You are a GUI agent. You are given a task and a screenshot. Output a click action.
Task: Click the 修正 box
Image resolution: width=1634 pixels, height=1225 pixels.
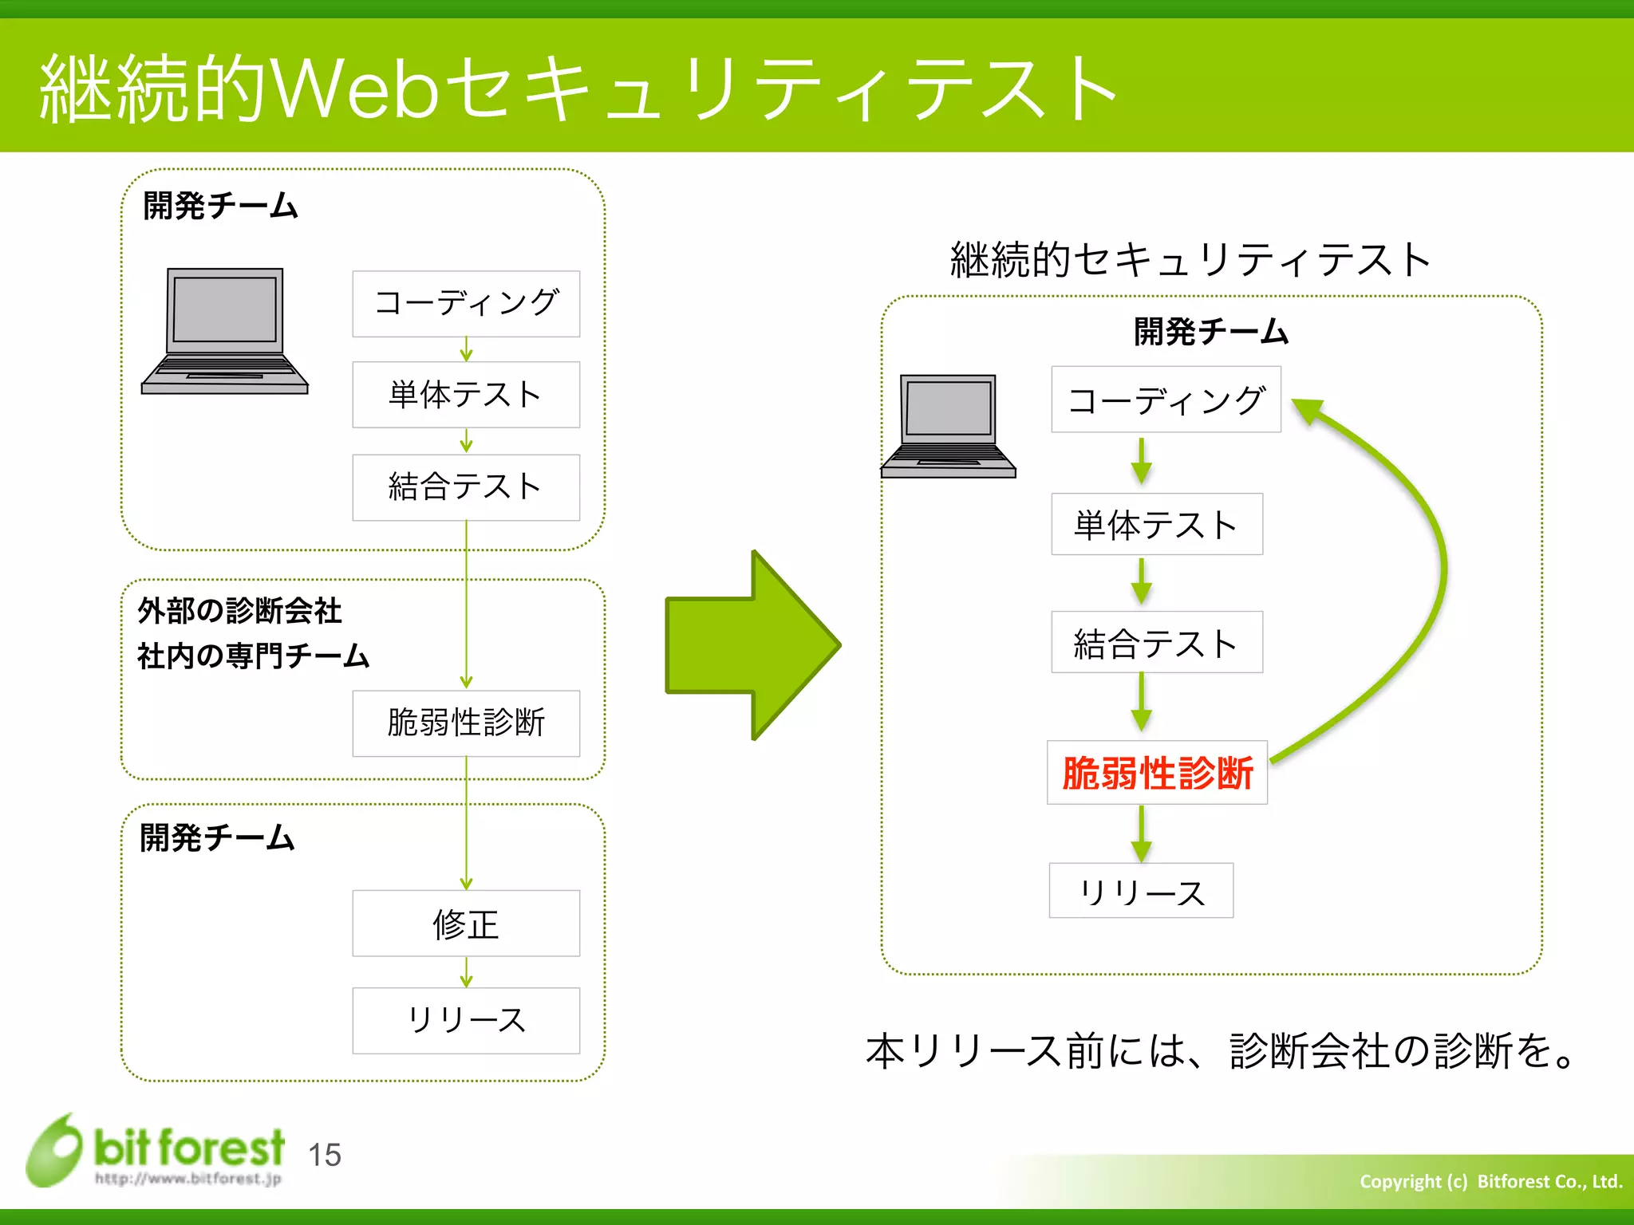coord(466,924)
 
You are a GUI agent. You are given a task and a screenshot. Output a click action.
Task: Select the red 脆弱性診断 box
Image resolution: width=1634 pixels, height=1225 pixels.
coord(1157,773)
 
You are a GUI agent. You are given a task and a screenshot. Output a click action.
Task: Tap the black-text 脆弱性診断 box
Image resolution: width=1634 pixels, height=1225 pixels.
coord(466,723)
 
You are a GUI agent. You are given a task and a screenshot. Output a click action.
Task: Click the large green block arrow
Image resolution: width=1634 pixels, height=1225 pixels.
coord(752,644)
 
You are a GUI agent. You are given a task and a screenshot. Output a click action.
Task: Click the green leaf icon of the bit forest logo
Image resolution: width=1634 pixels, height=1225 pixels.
coord(54,1150)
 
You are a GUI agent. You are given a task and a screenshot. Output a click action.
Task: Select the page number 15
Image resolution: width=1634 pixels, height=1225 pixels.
coord(325,1155)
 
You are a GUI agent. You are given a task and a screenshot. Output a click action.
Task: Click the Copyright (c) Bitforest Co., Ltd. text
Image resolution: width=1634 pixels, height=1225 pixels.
coord(1490,1181)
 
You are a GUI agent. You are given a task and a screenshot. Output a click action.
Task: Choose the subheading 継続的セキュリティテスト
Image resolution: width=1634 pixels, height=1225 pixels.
coord(1190,260)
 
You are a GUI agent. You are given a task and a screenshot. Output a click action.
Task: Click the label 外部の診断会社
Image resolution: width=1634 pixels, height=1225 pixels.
coord(239,611)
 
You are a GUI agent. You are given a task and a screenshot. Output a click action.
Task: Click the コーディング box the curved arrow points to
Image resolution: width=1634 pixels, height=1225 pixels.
coord(1166,400)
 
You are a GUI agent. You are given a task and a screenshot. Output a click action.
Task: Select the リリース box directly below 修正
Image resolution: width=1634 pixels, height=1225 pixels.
coord(466,1021)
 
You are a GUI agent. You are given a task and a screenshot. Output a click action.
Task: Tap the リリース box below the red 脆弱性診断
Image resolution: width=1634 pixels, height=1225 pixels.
coord(1141,891)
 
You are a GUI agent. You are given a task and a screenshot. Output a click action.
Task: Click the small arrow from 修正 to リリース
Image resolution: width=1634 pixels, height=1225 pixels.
coord(466,972)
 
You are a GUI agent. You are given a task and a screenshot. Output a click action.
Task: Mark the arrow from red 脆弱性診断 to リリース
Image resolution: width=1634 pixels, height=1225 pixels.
coord(1142,833)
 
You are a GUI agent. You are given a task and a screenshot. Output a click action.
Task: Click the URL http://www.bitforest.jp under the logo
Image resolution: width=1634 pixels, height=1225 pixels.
coord(188,1179)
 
